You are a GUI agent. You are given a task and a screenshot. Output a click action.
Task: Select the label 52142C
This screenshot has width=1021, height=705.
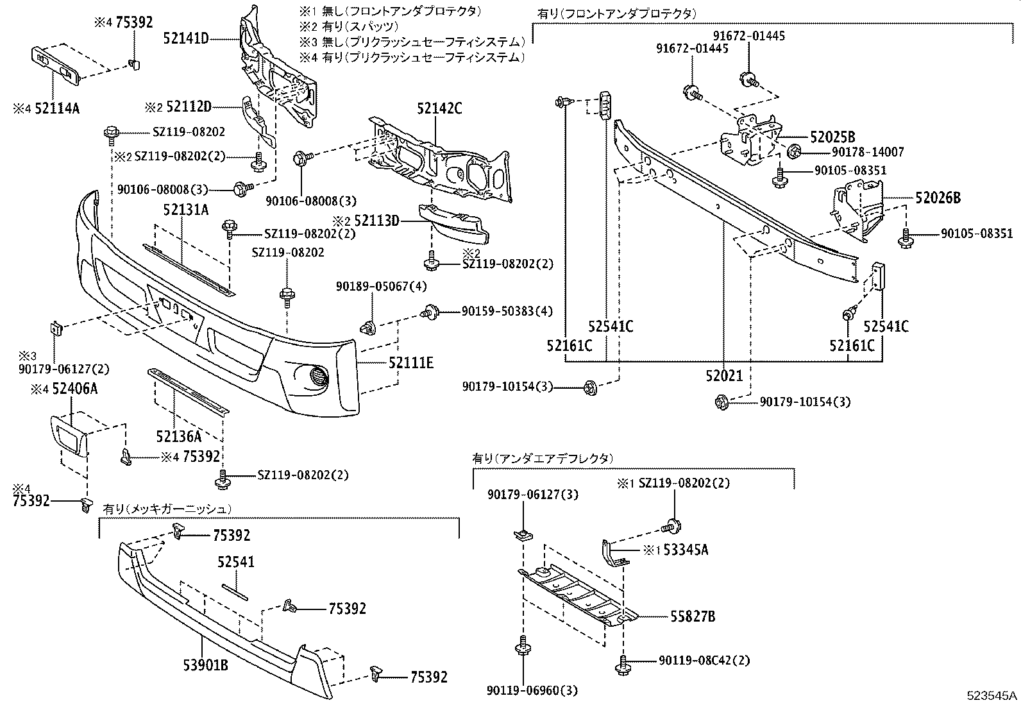click(439, 108)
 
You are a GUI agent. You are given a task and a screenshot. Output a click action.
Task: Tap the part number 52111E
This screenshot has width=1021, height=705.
click(410, 362)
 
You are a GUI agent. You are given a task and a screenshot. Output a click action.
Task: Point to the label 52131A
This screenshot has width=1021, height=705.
click(185, 210)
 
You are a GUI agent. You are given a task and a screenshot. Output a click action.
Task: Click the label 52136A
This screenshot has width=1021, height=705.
click(178, 437)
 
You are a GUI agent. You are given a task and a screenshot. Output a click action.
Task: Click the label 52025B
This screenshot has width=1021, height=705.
click(832, 137)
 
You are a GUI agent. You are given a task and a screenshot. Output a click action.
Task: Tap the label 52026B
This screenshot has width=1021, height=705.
click(938, 198)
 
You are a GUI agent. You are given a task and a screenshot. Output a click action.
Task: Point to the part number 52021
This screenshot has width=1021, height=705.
click(724, 375)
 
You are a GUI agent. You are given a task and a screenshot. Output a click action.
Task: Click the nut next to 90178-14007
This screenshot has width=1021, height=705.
click(793, 152)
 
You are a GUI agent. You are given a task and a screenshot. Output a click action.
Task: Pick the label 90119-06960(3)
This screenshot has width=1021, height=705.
click(532, 691)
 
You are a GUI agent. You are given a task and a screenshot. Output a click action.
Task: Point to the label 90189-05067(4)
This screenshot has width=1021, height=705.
click(381, 285)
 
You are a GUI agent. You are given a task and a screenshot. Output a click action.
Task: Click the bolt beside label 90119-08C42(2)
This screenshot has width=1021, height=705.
click(621, 665)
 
